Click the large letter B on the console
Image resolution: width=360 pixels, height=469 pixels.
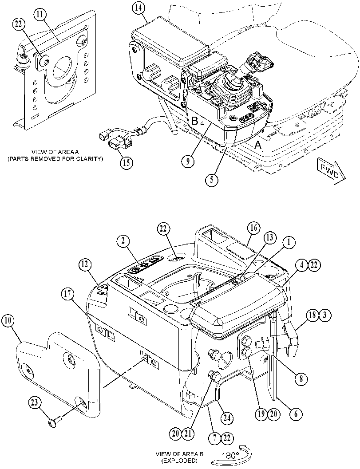point(195,121)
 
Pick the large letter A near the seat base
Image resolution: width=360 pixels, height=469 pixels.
point(257,146)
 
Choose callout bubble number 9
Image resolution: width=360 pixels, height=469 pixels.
point(188,162)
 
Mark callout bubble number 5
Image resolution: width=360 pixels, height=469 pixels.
point(212,180)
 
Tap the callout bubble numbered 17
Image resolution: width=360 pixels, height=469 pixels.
point(68,294)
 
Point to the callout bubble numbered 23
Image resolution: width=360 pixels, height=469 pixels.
point(35,402)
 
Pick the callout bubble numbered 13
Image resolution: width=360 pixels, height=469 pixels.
point(269,238)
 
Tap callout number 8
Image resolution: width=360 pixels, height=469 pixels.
point(301,378)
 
